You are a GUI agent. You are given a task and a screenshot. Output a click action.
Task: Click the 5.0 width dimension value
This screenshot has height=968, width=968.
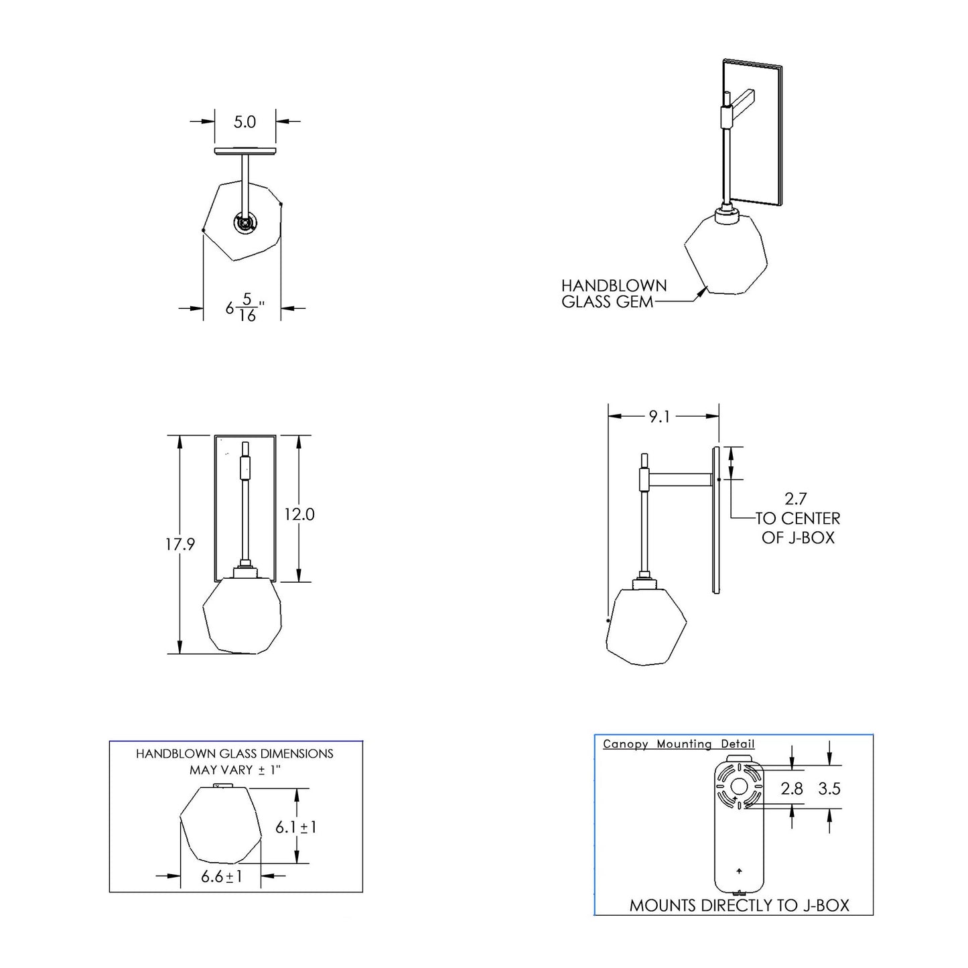pos(245,122)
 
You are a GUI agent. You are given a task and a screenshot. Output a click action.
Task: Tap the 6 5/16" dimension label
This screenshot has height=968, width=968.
pos(245,307)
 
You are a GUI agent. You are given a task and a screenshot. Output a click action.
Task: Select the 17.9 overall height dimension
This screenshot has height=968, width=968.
pos(180,544)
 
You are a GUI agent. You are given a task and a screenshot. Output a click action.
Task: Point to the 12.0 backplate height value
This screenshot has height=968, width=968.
pos(299,514)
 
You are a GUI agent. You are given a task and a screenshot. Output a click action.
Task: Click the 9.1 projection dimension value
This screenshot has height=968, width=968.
pos(659,417)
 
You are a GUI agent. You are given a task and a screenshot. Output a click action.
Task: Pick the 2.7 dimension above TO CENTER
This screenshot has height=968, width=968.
pos(796,499)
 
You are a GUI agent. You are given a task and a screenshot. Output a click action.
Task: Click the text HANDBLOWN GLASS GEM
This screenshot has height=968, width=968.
pos(614,294)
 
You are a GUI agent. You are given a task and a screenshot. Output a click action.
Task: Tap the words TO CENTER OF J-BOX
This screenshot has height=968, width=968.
pos(798,528)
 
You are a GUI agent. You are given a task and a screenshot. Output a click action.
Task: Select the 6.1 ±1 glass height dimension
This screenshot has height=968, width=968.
pos(296,827)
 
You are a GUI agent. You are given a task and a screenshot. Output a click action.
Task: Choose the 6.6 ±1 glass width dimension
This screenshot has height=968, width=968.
pos(222,876)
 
